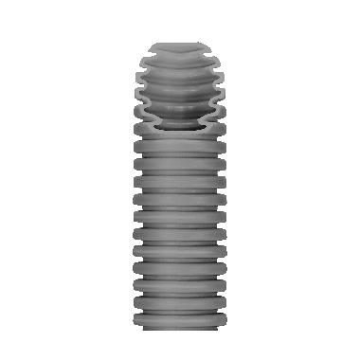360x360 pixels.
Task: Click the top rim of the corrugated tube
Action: (180, 42)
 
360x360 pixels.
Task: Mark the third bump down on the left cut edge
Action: (140, 96)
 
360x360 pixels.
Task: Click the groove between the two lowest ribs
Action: (180, 305)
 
